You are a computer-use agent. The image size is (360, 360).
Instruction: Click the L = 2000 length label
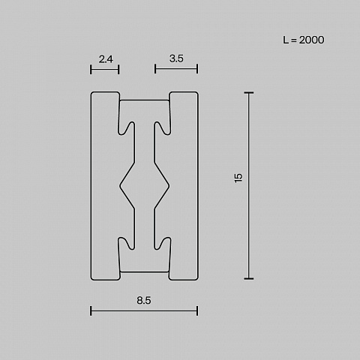point(304,40)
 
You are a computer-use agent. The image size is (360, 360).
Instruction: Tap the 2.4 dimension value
point(106,59)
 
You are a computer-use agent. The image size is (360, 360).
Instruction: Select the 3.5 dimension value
point(176,58)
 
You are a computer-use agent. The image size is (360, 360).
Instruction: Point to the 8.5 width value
point(144,300)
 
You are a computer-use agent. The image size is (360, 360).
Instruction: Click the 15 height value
point(238,178)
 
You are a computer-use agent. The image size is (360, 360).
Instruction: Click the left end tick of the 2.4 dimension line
point(91,69)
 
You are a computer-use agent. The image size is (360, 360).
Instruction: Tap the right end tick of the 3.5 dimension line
point(197,69)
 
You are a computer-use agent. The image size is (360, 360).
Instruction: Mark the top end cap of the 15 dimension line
point(249,93)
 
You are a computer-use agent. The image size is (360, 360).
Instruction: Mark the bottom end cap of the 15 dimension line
point(249,278)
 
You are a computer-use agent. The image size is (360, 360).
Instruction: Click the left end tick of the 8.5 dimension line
point(91,310)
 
